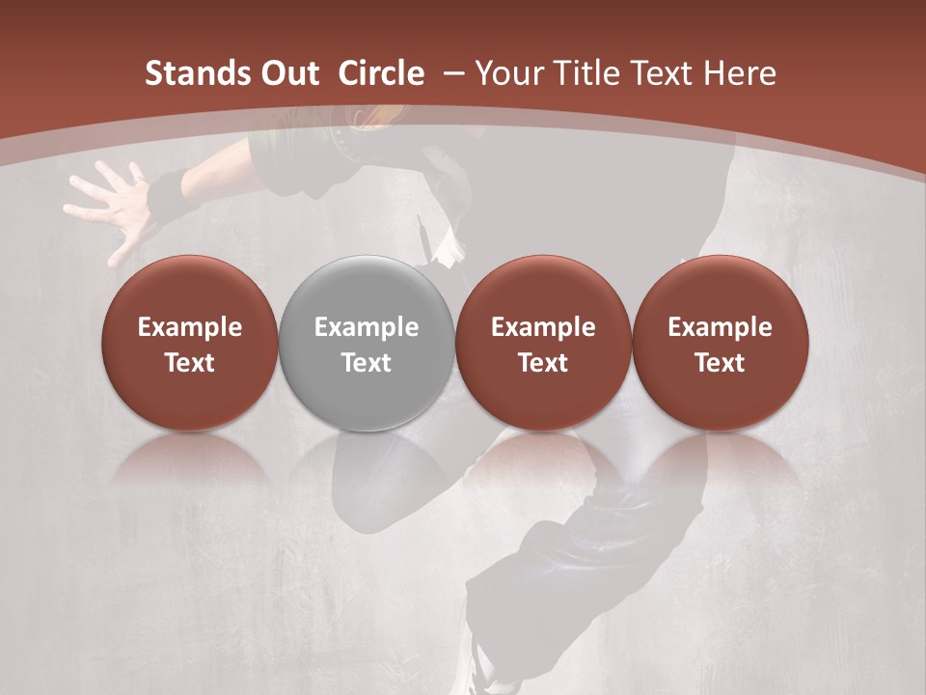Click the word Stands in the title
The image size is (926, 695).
187,73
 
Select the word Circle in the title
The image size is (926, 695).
381,73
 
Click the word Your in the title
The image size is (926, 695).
507,73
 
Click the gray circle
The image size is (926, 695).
367,343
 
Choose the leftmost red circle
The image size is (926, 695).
190,343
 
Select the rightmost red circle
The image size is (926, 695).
721,343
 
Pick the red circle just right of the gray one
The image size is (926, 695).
543,343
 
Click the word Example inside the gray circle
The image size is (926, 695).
367,327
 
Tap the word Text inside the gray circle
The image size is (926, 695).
367,363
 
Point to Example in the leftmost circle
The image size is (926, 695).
190,327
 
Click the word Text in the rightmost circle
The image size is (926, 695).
721,363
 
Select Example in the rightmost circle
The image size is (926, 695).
721,327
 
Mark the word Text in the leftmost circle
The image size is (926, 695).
190,363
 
